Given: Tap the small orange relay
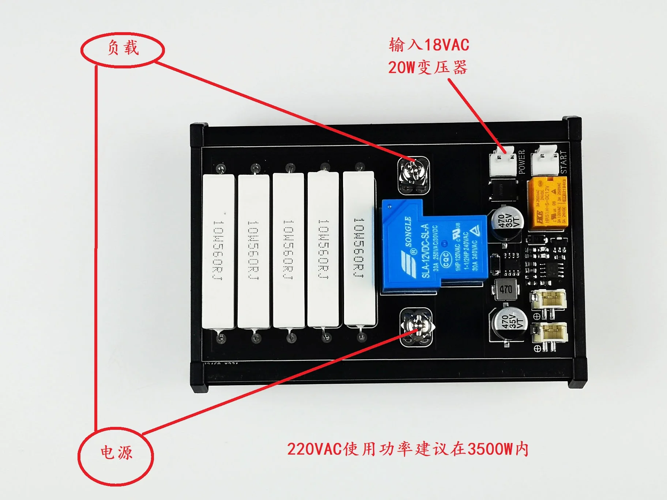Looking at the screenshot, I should click(x=547, y=204).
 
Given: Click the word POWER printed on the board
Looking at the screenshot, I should click(x=522, y=161).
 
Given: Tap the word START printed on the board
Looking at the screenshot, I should click(x=564, y=162).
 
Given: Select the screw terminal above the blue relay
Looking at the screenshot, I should click(x=413, y=175).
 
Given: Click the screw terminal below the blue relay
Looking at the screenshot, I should click(x=415, y=327).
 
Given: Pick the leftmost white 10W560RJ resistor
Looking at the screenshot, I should click(x=218, y=251).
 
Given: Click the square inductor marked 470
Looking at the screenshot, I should click(x=505, y=289).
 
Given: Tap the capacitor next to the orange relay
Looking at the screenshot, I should click(x=507, y=222).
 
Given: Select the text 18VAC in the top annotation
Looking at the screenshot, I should click(x=446, y=45).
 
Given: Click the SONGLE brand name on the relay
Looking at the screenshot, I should click(x=408, y=231).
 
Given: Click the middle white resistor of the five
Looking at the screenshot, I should click(x=289, y=250).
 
